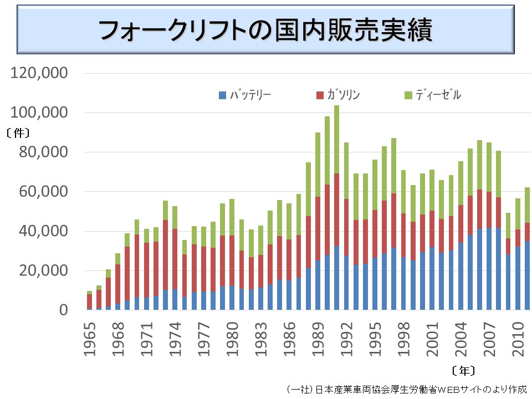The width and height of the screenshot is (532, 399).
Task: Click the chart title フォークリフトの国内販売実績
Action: [x=265, y=31]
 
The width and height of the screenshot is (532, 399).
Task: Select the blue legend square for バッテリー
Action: [x=223, y=95]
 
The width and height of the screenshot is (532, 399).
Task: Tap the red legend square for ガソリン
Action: [x=319, y=95]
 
